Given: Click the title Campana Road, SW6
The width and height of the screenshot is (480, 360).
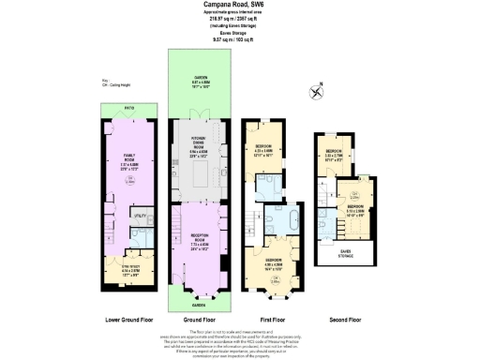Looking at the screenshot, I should tap(239, 5).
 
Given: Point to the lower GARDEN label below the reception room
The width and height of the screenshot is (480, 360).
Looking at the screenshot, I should tap(199, 305).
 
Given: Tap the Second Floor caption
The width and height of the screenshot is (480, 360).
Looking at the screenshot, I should tap(347, 320).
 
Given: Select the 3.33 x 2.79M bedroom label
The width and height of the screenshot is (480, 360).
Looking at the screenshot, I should tap(334, 154).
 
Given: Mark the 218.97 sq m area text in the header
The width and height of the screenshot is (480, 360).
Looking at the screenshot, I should tap(239, 20).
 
